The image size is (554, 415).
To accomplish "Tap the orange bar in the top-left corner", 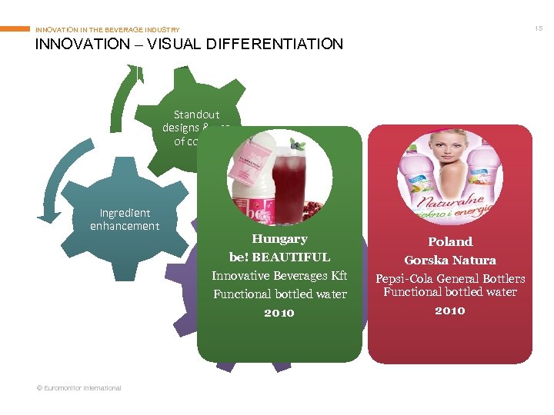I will tap(15, 29).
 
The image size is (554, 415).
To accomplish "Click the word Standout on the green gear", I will tap(196, 115).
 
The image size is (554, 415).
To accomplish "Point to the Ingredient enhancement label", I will tap(125, 219).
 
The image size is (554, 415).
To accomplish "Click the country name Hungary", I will tap(279, 239).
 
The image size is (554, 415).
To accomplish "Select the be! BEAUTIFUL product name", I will tap(279, 257).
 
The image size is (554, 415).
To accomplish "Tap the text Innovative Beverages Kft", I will tap(279, 276).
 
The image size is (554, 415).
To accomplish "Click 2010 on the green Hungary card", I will tap(279, 313).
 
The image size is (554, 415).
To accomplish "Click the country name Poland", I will tap(450, 241).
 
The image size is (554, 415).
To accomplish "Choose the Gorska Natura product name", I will tap(450, 261).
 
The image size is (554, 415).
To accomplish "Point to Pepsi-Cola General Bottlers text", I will tap(450, 278).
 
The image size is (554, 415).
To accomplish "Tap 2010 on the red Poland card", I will tap(450, 310).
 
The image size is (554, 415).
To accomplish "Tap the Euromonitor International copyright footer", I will tap(78, 388).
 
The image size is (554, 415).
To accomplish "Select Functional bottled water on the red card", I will tap(450, 292).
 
